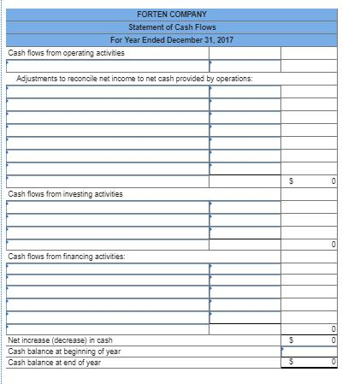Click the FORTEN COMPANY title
(x=172, y=15)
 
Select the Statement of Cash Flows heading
(x=172, y=27)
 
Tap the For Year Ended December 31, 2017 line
(x=172, y=40)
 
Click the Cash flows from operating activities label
(x=66, y=53)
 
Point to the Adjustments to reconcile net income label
(x=133, y=79)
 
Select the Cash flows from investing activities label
(x=65, y=194)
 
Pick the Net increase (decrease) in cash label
(x=60, y=341)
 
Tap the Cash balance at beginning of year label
(x=64, y=352)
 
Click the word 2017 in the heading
(x=225, y=40)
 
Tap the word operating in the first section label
(x=64, y=53)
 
